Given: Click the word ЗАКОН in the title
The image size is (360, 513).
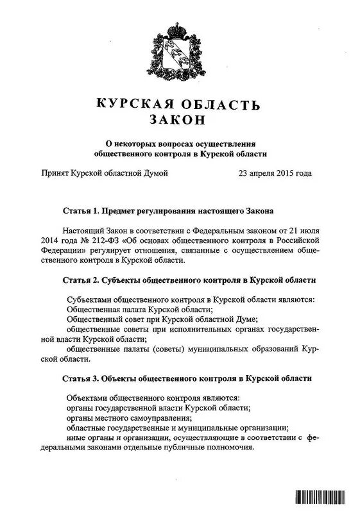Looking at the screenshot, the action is pos(179,120).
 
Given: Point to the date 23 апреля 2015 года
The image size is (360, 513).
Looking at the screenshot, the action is pos(275,173).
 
